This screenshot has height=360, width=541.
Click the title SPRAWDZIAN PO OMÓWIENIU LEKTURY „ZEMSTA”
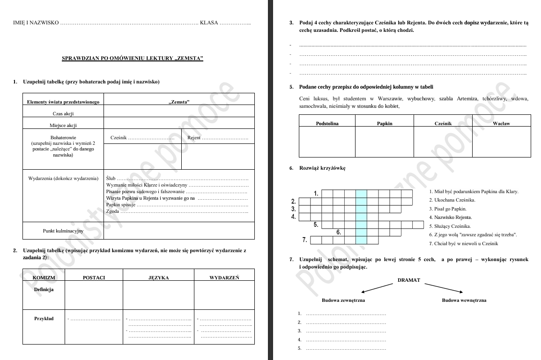(x=133, y=59)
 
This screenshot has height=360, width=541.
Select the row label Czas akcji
(x=63, y=113)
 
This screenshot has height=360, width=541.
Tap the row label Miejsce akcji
(x=63, y=125)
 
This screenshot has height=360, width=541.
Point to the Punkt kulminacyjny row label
(x=63, y=231)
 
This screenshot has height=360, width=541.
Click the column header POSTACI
(x=94, y=277)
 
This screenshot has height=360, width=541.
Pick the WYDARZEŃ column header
(x=224, y=277)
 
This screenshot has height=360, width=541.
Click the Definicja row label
(x=44, y=289)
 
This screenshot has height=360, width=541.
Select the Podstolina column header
(x=327, y=123)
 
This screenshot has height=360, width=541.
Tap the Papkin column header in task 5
(x=385, y=123)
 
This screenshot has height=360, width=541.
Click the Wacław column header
(x=501, y=123)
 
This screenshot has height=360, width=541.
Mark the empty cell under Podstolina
(x=327, y=142)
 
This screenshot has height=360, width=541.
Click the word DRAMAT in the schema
(x=408, y=280)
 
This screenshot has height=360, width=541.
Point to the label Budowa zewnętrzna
(x=343, y=300)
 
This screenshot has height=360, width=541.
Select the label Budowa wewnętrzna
(x=464, y=300)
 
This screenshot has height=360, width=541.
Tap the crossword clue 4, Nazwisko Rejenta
(x=450, y=217)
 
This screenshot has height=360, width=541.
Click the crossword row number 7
(x=304, y=240)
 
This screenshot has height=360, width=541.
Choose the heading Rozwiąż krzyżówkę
(x=322, y=168)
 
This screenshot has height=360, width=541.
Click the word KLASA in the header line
(x=209, y=22)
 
